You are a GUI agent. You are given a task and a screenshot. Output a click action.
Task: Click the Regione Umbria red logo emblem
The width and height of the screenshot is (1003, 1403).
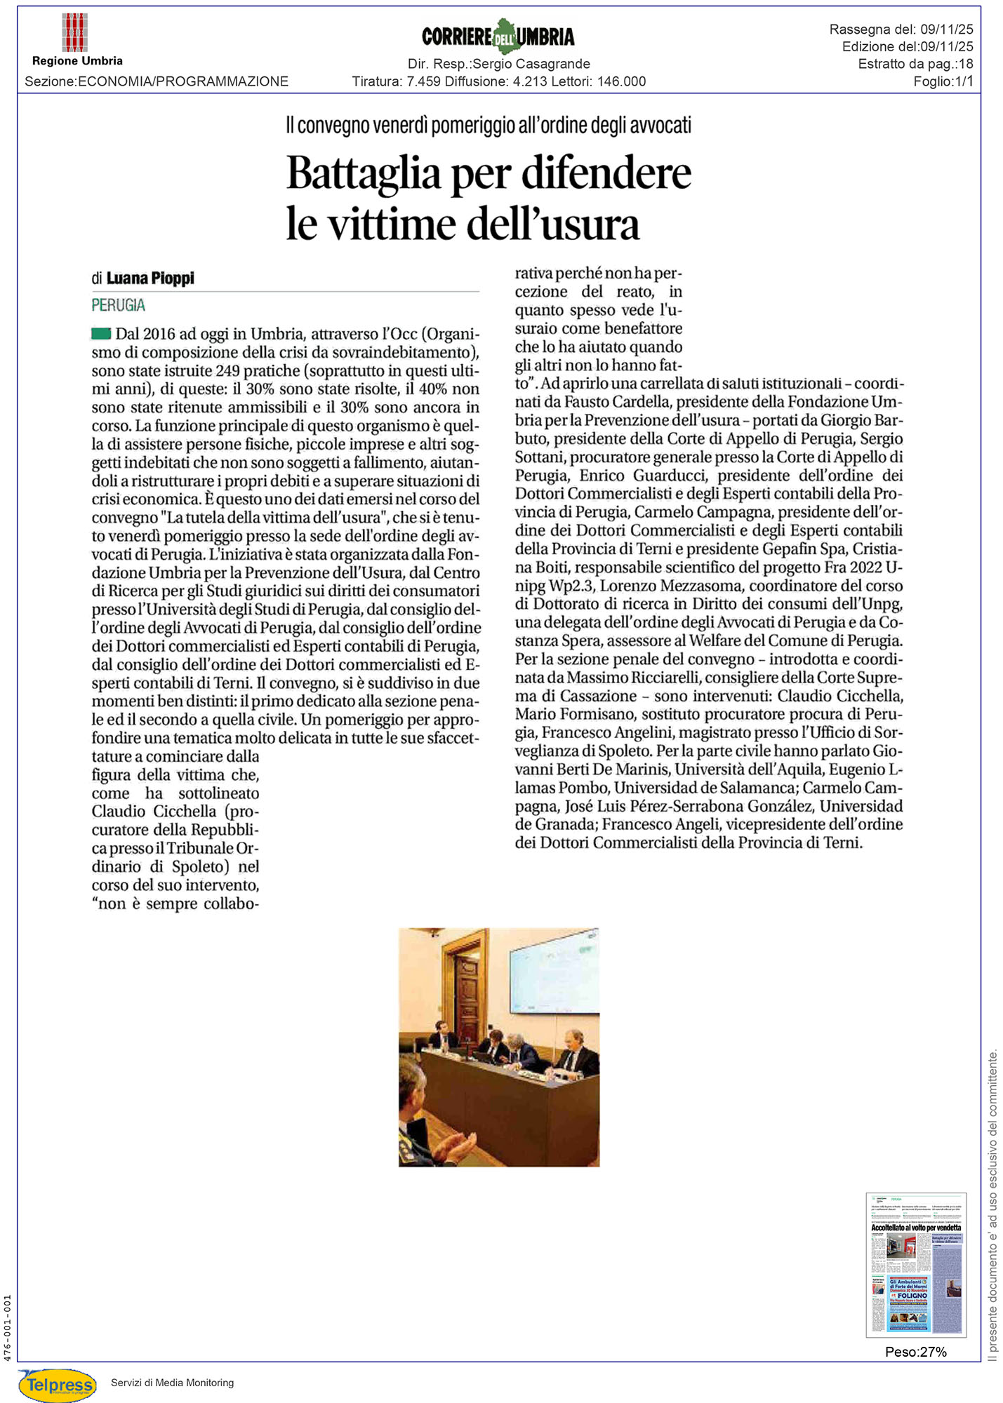click(74, 33)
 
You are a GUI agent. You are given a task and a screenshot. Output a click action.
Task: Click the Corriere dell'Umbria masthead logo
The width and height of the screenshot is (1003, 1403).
click(498, 36)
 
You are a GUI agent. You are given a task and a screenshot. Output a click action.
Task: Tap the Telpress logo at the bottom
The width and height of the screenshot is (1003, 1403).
click(58, 1384)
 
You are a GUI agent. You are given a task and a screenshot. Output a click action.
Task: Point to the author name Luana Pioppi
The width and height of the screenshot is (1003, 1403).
click(150, 278)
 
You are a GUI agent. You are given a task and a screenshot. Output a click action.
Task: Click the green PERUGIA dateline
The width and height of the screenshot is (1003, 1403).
click(118, 305)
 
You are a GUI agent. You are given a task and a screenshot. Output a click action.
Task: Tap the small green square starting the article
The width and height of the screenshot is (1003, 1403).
click(101, 333)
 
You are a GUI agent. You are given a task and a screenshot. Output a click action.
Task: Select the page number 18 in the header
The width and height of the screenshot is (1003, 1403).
click(965, 64)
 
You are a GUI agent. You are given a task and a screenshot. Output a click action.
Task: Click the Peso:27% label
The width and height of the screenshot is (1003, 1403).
click(915, 1351)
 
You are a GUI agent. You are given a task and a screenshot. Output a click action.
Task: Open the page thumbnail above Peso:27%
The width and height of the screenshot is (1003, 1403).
click(916, 1264)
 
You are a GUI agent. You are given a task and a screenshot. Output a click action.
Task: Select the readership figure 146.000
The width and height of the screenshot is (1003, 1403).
click(621, 81)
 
